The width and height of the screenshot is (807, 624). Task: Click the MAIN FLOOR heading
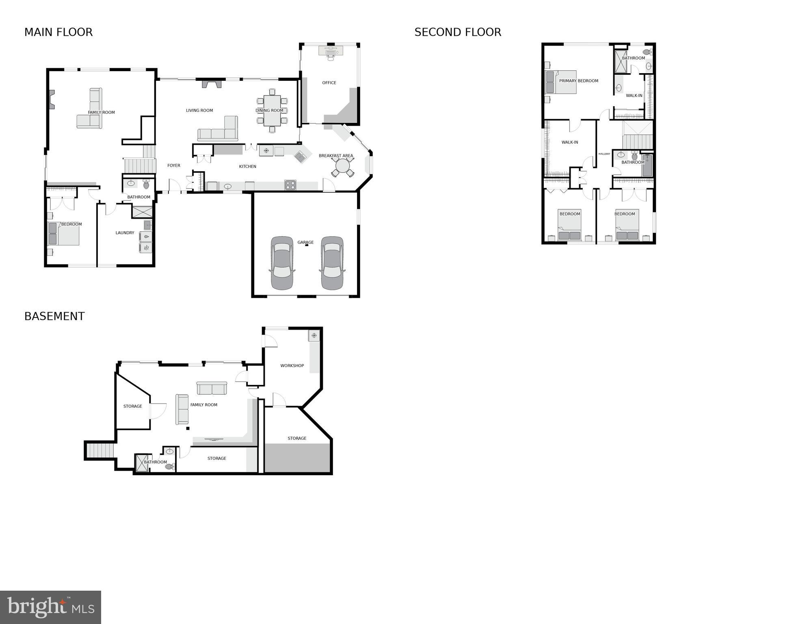(x=58, y=32)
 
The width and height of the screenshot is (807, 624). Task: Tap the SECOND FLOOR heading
(x=458, y=32)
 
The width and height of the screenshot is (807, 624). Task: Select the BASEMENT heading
(x=54, y=316)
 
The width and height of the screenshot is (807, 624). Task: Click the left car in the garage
(x=282, y=263)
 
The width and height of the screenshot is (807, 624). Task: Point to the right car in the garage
(x=332, y=263)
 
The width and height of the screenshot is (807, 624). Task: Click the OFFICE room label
(x=329, y=83)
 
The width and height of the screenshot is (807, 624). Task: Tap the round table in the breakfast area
(x=343, y=166)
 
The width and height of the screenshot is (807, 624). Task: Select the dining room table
(x=272, y=111)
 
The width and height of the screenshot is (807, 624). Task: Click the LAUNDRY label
(x=125, y=233)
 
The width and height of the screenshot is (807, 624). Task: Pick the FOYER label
(x=174, y=165)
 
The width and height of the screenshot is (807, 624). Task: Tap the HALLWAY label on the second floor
(x=604, y=154)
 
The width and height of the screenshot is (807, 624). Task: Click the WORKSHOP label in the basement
(x=292, y=365)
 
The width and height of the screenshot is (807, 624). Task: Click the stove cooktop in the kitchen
(x=290, y=185)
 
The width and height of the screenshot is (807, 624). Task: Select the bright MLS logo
(x=51, y=607)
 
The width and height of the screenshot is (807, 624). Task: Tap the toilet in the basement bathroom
(x=169, y=466)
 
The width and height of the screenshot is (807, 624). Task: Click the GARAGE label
(x=305, y=242)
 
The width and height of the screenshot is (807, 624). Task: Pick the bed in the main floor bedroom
(x=64, y=235)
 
